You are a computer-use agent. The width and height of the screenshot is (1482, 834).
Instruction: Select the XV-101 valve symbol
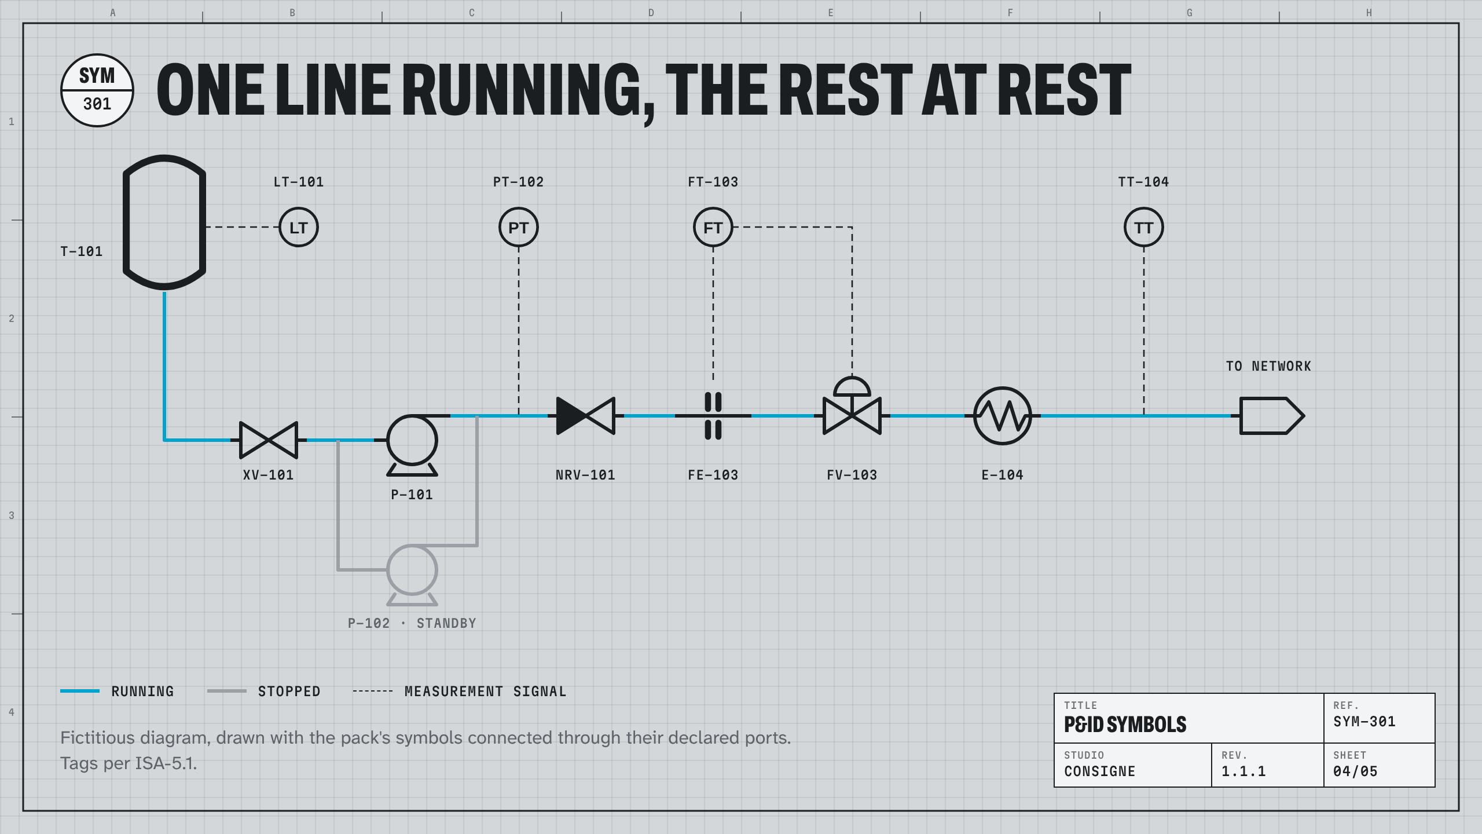coord(269,440)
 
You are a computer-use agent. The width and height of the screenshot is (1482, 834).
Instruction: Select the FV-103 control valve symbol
coord(852,416)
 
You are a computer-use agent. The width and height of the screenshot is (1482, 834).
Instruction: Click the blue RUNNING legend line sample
coord(80,691)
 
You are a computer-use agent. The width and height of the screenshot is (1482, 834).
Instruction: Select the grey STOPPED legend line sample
coord(227,691)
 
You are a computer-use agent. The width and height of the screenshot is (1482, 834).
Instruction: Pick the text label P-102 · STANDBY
coord(412,623)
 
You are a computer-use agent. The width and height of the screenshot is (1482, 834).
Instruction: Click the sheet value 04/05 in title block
coord(1355,771)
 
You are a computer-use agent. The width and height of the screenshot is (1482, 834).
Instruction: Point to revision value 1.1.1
coord(1243,771)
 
